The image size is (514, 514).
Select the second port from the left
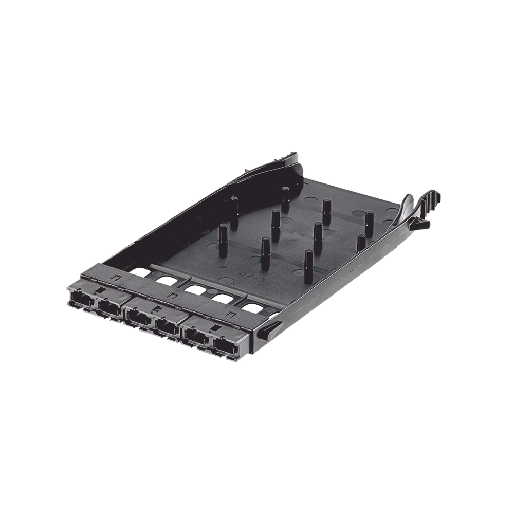[x=108, y=308]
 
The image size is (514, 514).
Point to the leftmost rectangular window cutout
[x=138, y=273]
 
